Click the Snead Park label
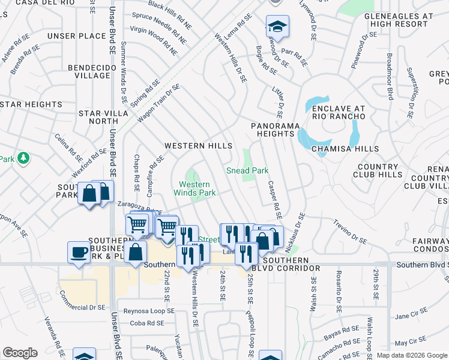click(247, 170)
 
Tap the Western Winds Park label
click(194, 188)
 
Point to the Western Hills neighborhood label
click(198, 146)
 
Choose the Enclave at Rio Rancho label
click(343, 113)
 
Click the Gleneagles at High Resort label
click(402, 20)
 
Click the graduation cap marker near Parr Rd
click(277, 27)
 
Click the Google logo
click(20, 353)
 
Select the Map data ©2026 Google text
click(412, 355)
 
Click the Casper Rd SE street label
click(274, 199)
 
